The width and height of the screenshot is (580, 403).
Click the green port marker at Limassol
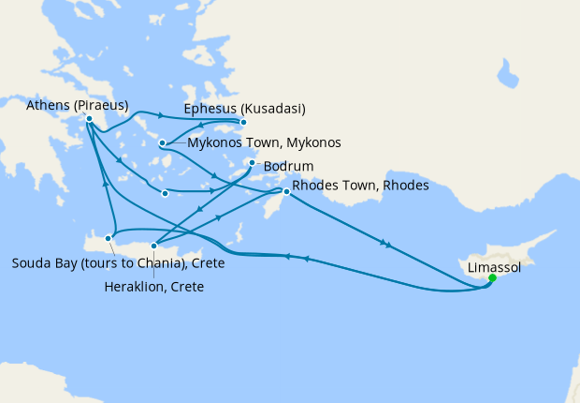(492, 277)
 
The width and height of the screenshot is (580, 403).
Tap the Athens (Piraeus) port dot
(89, 119)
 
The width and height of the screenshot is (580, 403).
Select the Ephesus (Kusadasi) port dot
(243, 122)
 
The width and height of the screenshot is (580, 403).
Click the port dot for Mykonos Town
(163, 143)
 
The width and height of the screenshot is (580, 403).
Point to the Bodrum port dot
(252, 163)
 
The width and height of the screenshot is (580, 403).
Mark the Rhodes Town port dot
(287, 191)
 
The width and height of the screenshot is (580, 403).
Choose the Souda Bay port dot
(109, 239)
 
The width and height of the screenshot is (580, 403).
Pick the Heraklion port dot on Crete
(154, 245)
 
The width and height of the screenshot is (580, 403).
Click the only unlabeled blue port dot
(165, 194)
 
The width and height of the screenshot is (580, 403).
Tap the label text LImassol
(494, 267)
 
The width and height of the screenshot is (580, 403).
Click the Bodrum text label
(286, 167)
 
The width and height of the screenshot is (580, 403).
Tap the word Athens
(48, 105)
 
